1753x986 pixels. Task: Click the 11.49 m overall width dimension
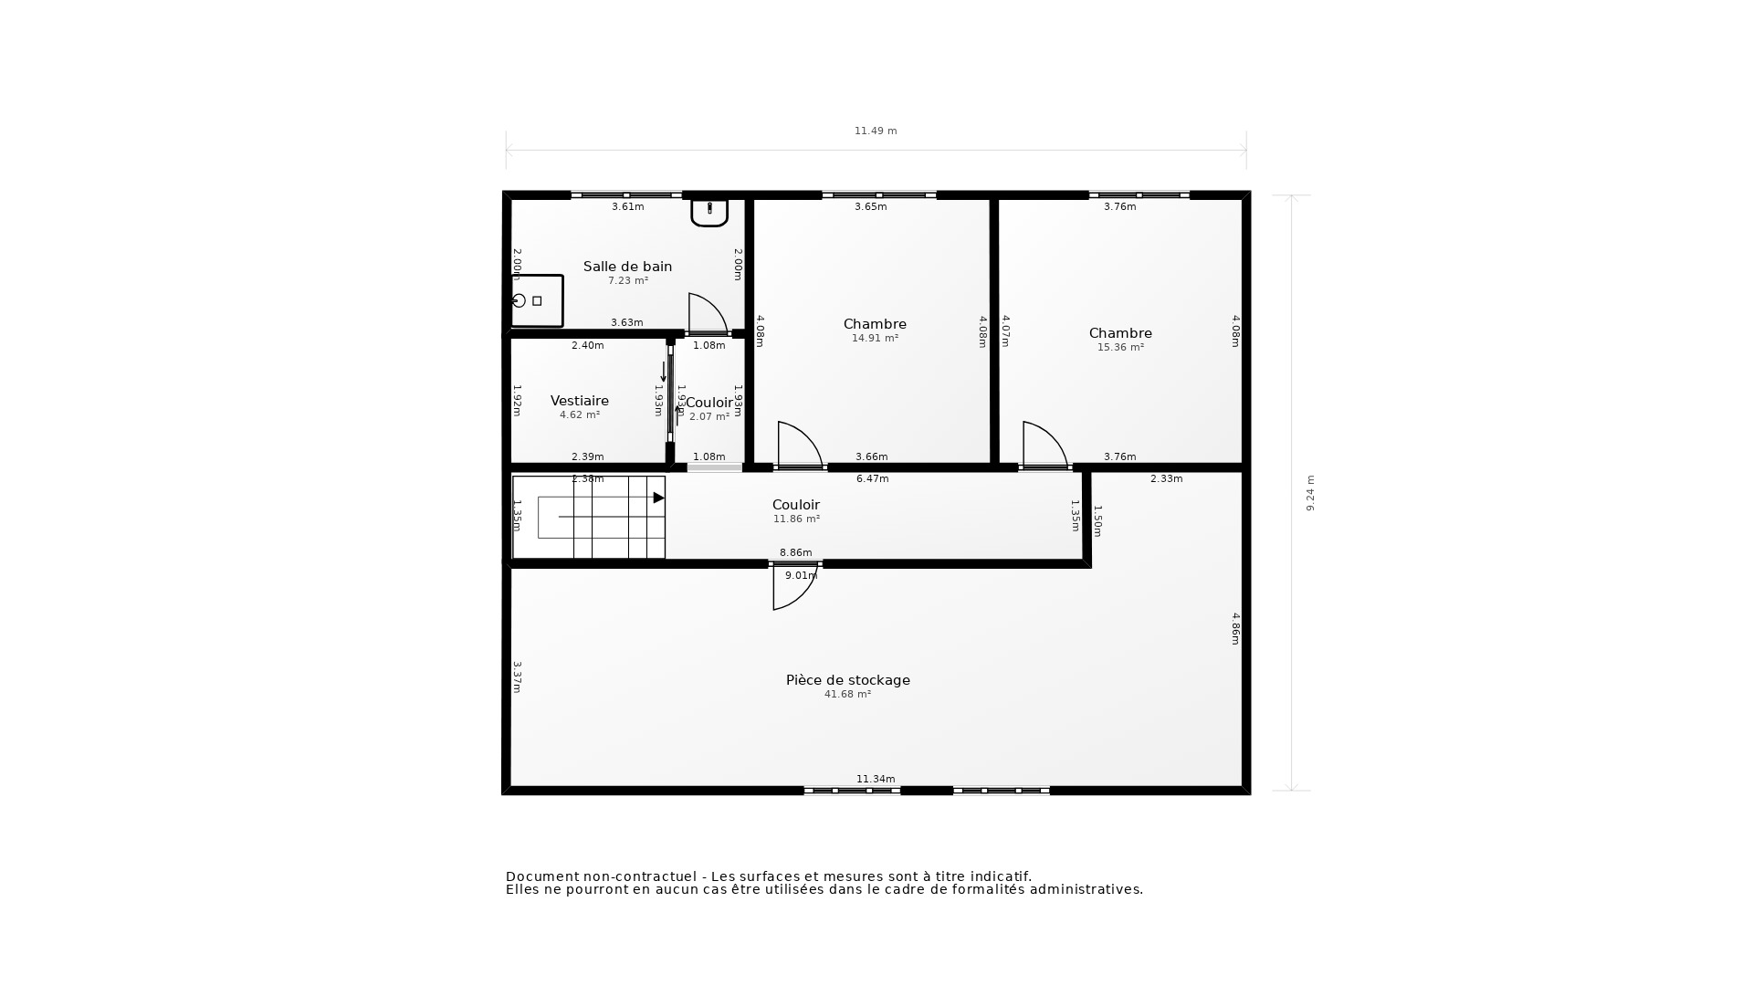[x=875, y=131]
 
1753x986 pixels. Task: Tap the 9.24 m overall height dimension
[x=1310, y=492]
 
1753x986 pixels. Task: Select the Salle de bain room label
[x=627, y=267]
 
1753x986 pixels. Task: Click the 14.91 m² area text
[x=875, y=338]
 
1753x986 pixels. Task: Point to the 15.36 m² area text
[x=1120, y=347]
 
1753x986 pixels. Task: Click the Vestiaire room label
[x=579, y=401]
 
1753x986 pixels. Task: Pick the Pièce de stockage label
[x=847, y=680]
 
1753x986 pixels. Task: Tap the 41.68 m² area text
[x=847, y=694]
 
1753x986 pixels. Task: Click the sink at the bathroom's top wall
[x=709, y=211]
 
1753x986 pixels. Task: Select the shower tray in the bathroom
[x=536, y=300]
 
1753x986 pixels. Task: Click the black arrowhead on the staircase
[x=658, y=498]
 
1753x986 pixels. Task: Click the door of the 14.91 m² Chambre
[x=797, y=446]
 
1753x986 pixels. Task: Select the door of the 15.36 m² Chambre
[x=1043, y=446]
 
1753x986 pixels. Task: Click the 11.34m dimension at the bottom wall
[x=875, y=779]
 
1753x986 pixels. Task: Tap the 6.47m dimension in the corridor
[x=872, y=478]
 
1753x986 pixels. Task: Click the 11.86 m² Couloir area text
[x=796, y=519]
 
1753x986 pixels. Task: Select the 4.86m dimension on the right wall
[x=1235, y=628]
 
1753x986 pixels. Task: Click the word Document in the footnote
[x=543, y=876]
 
